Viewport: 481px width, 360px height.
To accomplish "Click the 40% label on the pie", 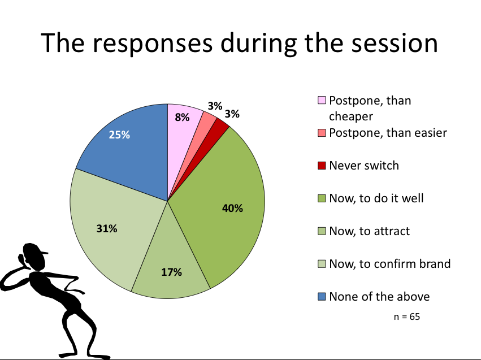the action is coord(232,208).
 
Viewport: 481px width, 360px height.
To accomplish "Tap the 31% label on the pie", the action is coord(107,228).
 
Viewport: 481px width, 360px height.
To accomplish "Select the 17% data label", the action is coord(171,272).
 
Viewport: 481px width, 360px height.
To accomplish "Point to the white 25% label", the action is coord(119,135).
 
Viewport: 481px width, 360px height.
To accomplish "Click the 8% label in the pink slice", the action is coord(182,117).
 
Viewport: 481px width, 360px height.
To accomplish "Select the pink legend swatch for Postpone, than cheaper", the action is coord(322,100).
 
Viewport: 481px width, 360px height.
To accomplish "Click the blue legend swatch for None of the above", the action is coord(322,297).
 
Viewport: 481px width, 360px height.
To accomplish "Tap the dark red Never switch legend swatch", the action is coord(322,166).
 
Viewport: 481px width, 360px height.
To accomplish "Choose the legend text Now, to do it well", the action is coord(376,198).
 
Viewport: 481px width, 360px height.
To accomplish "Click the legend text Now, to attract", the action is coord(369,231).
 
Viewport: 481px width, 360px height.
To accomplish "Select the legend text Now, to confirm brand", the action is coord(390,264).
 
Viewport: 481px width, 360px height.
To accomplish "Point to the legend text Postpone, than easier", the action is coord(388,133).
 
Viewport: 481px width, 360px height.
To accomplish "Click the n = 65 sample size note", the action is coord(407,316).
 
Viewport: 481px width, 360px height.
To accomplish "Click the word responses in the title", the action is coord(153,44).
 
